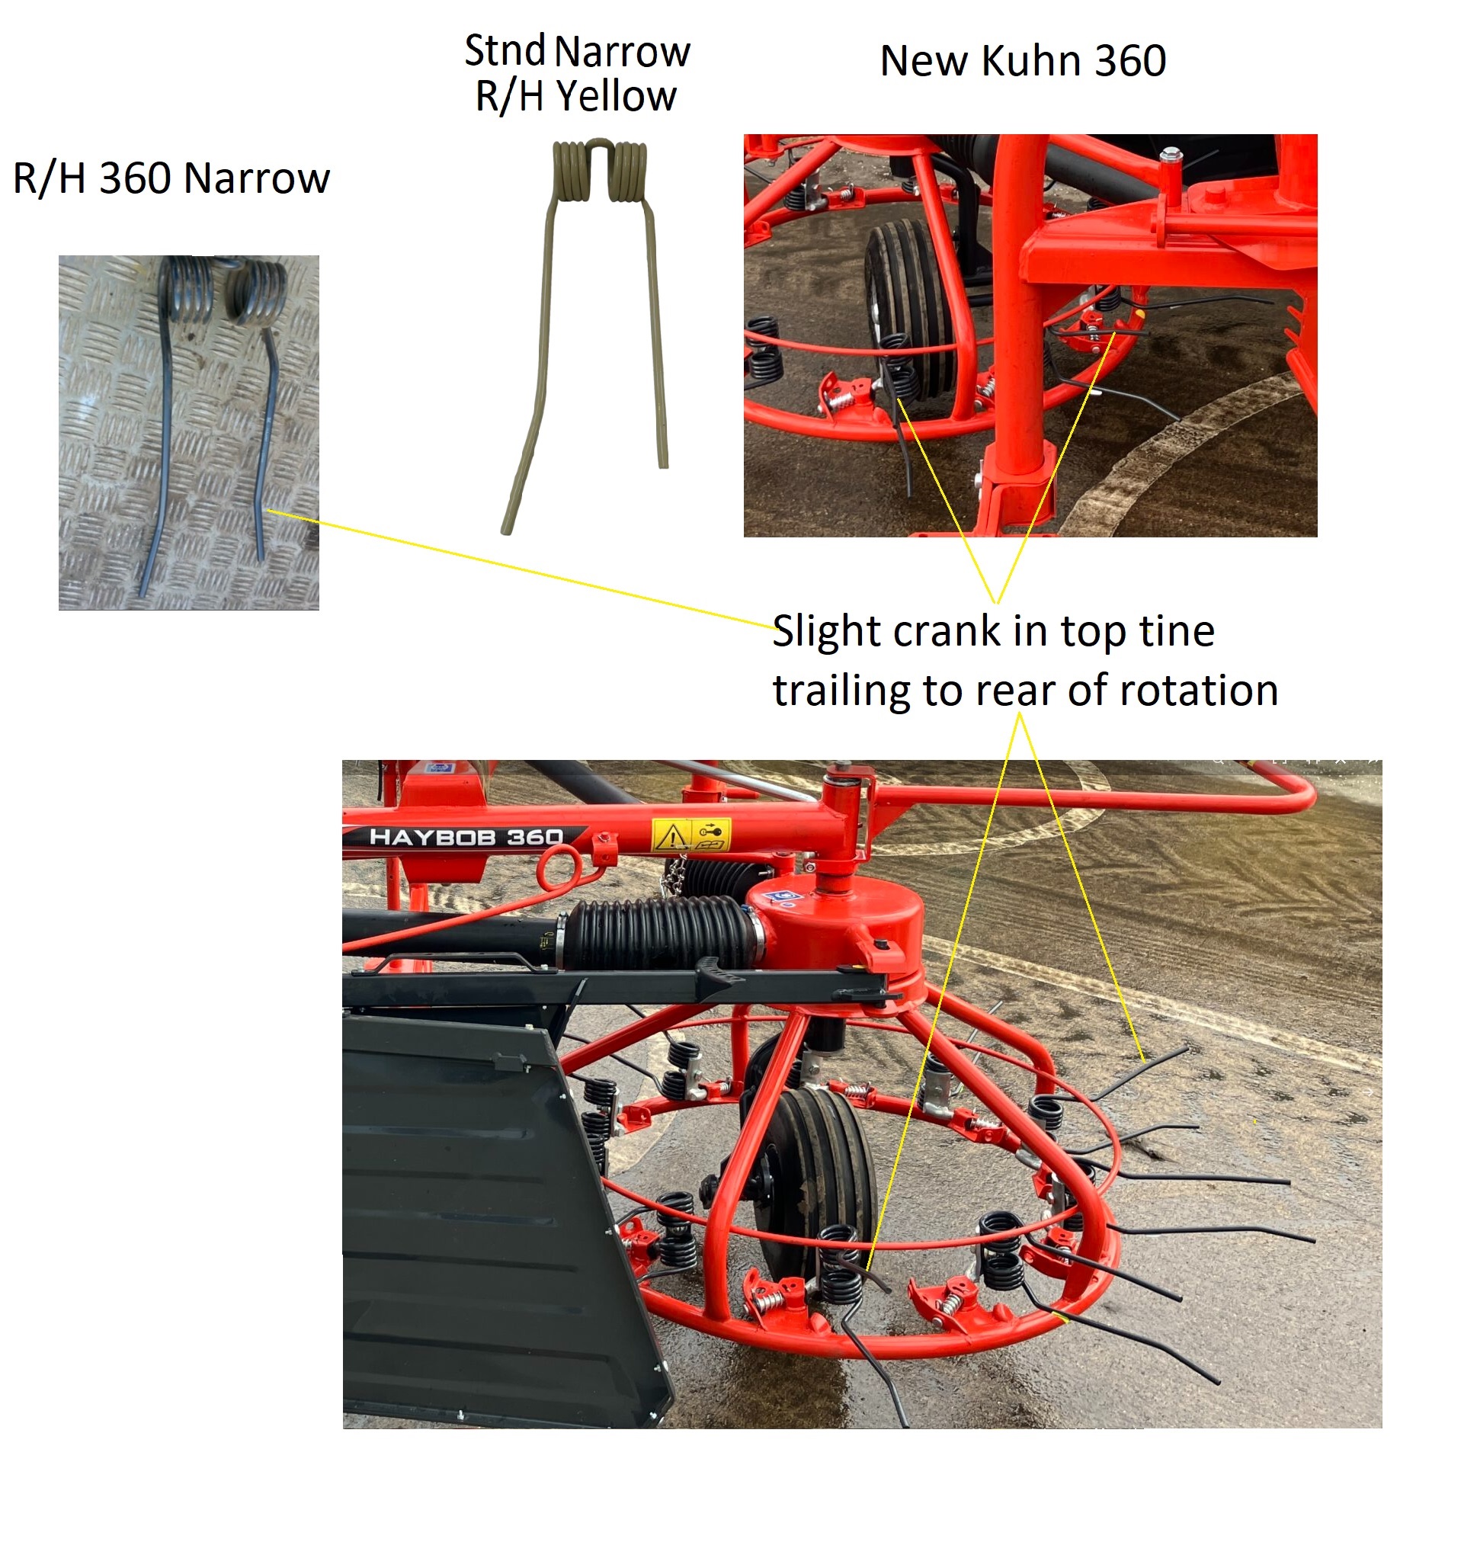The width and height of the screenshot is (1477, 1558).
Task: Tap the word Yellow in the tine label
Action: pos(616,97)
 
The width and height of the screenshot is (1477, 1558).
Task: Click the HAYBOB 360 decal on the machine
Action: pos(466,838)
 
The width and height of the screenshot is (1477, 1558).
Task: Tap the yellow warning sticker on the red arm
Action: pos(690,835)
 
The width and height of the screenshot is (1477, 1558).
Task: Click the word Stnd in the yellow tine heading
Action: pos(505,51)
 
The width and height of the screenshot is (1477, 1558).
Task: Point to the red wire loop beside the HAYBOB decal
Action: pos(559,867)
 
